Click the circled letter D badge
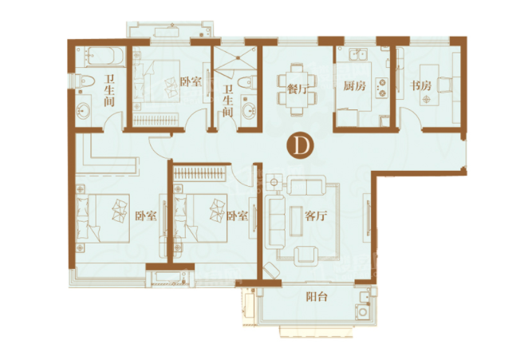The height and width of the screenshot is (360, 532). pyautogui.click(x=300, y=145)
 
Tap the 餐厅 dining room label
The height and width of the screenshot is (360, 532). pyautogui.click(x=298, y=89)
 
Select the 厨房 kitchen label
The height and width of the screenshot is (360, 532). pyautogui.click(x=355, y=86)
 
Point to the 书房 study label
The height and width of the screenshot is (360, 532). pyautogui.click(x=420, y=85)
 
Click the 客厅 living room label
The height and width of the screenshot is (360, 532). pyautogui.click(x=316, y=216)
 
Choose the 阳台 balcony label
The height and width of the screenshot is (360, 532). pyautogui.click(x=317, y=297)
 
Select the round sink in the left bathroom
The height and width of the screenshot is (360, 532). pyautogui.click(x=83, y=110)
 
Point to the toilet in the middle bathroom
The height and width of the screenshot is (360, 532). pyautogui.click(x=247, y=82)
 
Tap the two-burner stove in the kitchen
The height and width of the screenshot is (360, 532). pyautogui.click(x=382, y=88)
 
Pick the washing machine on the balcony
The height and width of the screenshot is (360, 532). pyautogui.click(x=363, y=311)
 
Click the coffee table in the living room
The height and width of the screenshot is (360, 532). pyautogui.click(x=296, y=221)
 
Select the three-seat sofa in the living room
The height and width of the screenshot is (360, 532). pyautogui.click(x=276, y=221)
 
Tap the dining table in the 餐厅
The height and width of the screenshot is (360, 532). pyautogui.click(x=298, y=89)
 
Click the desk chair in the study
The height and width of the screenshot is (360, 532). pyautogui.click(x=445, y=85)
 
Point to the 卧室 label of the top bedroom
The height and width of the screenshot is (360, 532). pyautogui.click(x=191, y=82)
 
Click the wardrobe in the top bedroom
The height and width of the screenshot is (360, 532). pyautogui.click(x=156, y=121)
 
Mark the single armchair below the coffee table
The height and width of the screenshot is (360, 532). pyautogui.click(x=306, y=255)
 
